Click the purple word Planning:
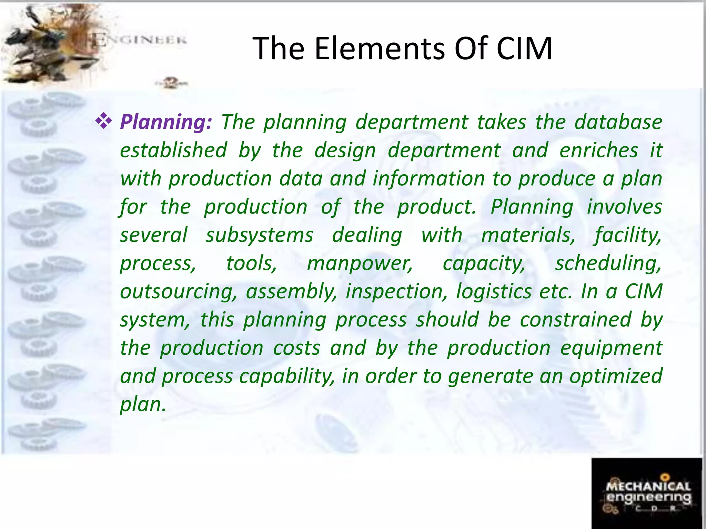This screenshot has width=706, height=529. (x=165, y=122)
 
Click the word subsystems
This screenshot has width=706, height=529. (x=259, y=235)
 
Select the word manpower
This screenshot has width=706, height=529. (x=360, y=263)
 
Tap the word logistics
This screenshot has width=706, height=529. (x=494, y=292)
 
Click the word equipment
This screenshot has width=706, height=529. (x=611, y=348)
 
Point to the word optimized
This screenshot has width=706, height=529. (x=616, y=376)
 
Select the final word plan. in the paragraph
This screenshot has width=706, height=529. (x=143, y=405)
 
